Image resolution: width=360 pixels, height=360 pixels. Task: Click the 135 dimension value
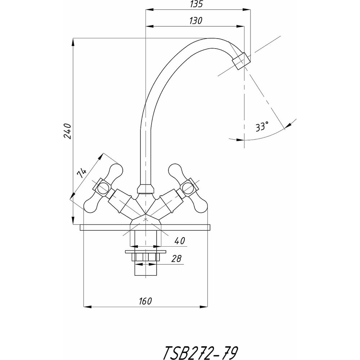tap(198, 4)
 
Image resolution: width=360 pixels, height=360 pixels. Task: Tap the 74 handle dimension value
tap(82, 174)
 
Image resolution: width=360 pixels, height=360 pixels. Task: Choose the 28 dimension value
tap(176, 258)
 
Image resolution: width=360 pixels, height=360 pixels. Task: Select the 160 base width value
tap(145, 301)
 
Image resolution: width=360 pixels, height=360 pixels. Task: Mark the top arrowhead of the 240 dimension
tap(73, 41)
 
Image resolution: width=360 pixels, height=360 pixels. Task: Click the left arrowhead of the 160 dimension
tap(86, 307)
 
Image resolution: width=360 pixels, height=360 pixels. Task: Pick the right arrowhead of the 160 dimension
tap(206, 307)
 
